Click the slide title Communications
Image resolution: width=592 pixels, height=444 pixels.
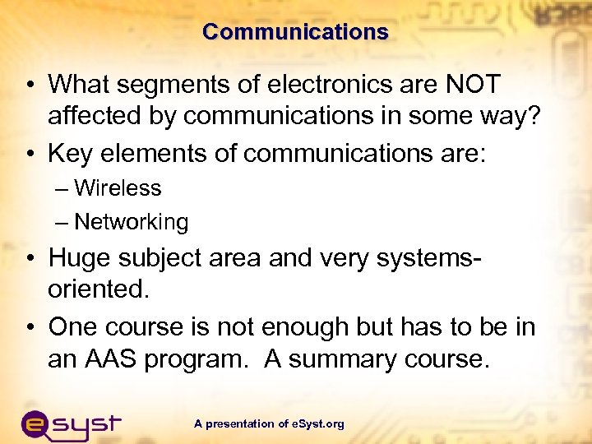pos(295,32)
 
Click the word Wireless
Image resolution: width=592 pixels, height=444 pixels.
pos(118,188)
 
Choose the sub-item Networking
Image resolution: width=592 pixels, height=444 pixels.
pos(131,222)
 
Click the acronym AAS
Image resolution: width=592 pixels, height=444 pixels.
pos(116,360)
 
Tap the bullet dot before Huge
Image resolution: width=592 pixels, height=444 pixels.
pos(29,258)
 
